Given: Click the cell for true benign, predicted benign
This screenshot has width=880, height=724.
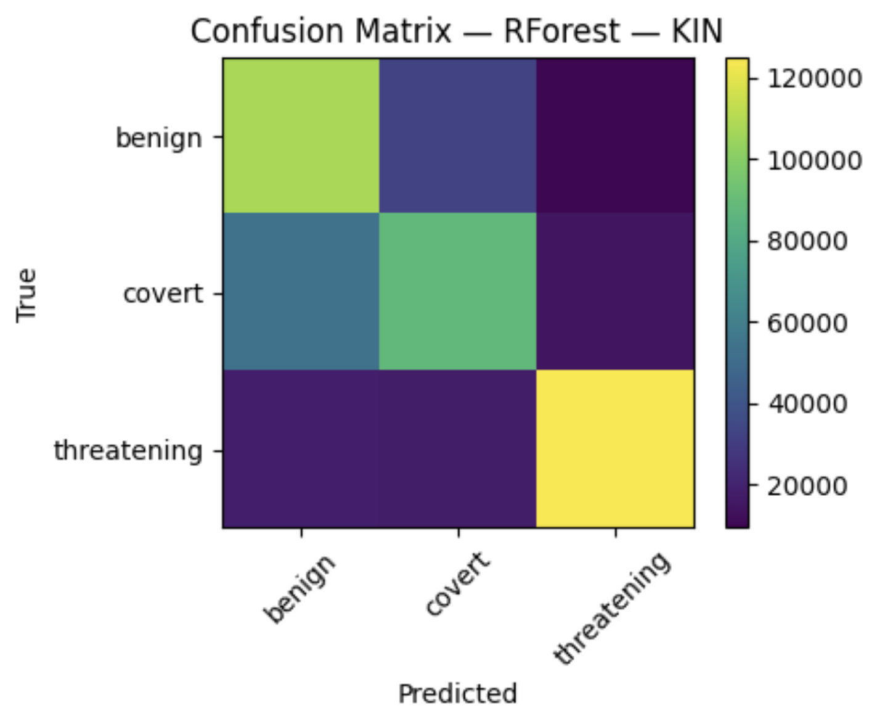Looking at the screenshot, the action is [301, 136].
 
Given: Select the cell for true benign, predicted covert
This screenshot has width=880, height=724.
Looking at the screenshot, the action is [458, 136].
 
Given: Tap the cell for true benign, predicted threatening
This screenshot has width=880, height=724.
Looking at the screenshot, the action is [616, 136].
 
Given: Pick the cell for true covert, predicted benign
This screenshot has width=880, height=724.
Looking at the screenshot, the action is [301, 292].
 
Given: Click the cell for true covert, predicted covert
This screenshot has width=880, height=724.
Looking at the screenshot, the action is [458, 292].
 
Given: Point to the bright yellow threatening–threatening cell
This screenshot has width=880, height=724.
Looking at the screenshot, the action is [616, 449].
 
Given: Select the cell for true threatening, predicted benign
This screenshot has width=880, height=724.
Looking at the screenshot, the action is [301, 449].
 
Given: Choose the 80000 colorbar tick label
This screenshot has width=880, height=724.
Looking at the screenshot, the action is [807, 241].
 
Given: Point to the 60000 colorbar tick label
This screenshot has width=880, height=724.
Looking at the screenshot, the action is [807, 323].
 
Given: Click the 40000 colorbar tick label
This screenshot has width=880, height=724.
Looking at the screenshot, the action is [807, 404].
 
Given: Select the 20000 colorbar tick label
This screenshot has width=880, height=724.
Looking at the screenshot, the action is [807, 486].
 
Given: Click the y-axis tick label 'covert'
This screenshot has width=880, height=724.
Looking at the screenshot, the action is [163, 294].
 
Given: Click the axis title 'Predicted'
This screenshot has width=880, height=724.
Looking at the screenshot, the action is [458, 694].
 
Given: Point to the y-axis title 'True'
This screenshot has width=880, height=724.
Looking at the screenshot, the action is [26, 295].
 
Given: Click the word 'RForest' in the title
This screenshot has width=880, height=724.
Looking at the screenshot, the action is [561, 31].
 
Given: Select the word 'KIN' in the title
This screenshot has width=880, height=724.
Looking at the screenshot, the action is [697, 31].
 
